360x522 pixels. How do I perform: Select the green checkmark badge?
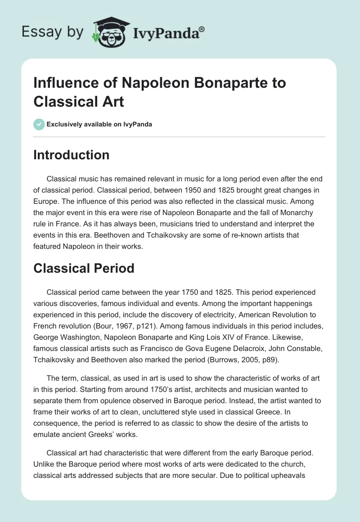[x=39, y=124]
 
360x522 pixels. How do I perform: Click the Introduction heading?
[x=72, y=155]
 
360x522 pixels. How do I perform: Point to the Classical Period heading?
[x=84, y=268]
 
